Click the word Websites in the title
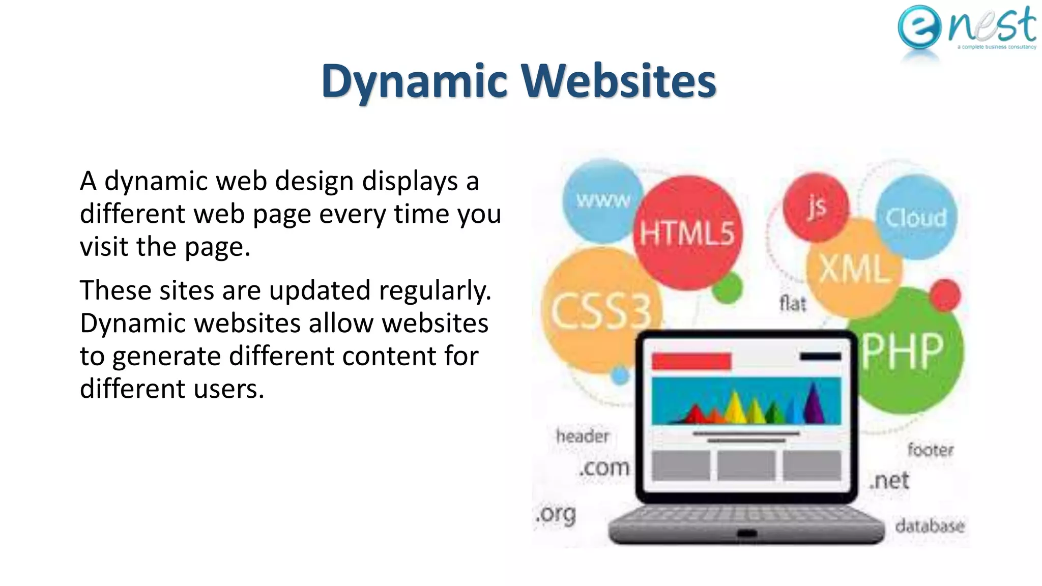[x=618, y=81]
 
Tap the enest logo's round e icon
[x=919, y=27]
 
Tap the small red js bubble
[x=816, y=207]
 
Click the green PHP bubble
[x=903, y=351]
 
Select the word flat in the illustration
[x=793, y=304]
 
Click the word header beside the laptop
[x=583, y=436]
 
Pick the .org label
[x=556, y=514]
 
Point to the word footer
[x=931, y=450]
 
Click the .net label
[x=889, y=480]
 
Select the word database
[x=930, y=525]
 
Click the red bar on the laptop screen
[x=691, y=361]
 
